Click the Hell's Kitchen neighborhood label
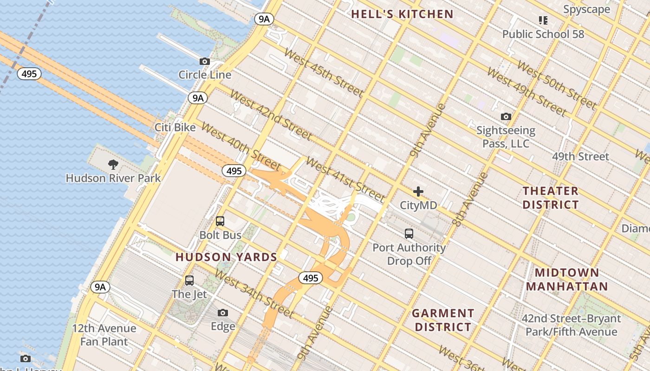click(x=402, y=14)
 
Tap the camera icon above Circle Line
click(x=204, y=61)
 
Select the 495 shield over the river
click(x=29, y=74)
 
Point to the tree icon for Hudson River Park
click(x=113, y=164)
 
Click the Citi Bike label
click(x=175, y=127)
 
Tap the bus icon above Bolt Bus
click(x=220, y=221)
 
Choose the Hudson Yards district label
click(x=226, y=257)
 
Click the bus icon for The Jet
click(x=189, y=280)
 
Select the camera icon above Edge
click(x=223, y=313)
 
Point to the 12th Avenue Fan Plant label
click(x=104, y=335)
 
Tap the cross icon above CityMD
click(x=418, y=192)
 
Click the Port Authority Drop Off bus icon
click(x=409, y=234)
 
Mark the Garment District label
click(x=443, y=320)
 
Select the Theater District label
click(x=551, y=198)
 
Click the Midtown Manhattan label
click(x=567, y=279)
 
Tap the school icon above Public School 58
click(x=543, y=20)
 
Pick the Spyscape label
click(x=586, y=9)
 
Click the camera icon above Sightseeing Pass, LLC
click(x=506, y=116)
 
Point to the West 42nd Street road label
click(x=271, y=115)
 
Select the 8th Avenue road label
click(x=470, y=199)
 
